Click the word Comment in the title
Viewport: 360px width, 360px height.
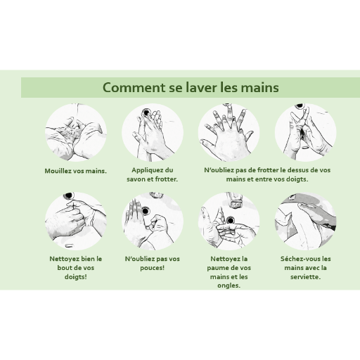click(134, 87)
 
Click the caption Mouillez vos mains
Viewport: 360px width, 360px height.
click(75, 171)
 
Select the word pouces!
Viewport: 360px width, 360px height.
click(153, 268)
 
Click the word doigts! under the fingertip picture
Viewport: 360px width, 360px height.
click(75, 277)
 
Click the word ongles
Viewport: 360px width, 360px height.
click(229, 285)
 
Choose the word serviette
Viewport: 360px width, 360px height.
click(305, 277)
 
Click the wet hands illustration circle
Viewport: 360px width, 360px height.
click(76, 132)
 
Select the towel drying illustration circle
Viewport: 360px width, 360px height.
click(305, 221)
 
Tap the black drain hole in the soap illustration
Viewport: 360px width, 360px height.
click(146, 112)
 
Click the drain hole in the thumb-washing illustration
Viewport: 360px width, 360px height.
click(146, 211)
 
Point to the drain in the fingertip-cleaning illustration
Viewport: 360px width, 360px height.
click(69, 195)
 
